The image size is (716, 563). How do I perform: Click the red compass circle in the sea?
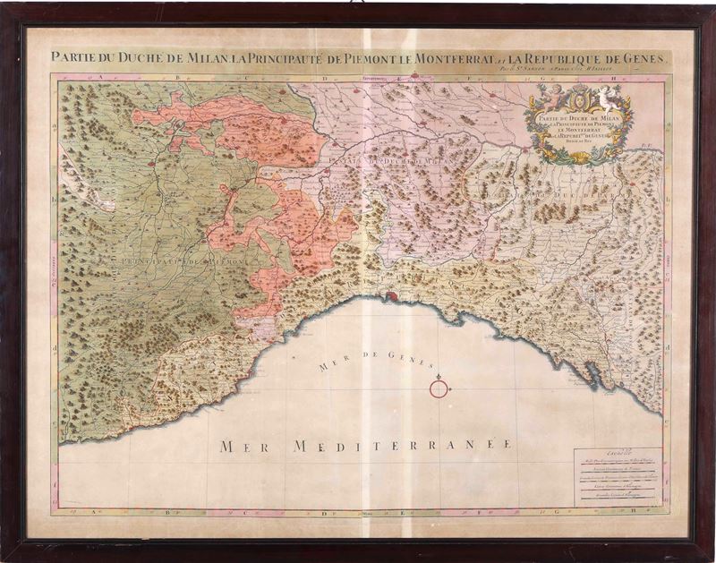439,388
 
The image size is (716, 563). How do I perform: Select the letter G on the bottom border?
563,514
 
